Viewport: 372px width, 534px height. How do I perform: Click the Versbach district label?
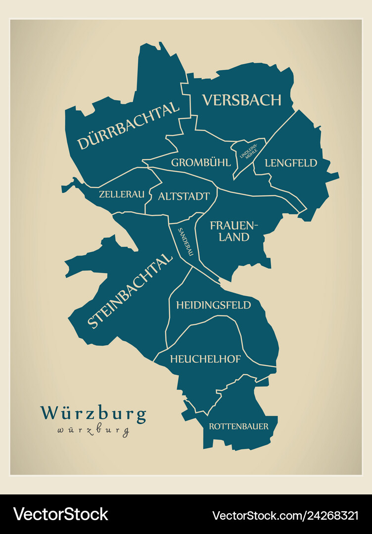(241, 100)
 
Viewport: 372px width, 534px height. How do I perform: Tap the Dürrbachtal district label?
(128, 126)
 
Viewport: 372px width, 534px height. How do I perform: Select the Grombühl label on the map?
(200, 163)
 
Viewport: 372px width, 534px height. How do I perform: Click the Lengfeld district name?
(290, 163)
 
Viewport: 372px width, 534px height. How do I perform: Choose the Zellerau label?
(122, 194)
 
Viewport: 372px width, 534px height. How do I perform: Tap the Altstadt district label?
(184, 196)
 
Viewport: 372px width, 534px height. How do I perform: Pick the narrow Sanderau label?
(185, 241)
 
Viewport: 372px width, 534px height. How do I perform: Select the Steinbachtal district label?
(130, 290)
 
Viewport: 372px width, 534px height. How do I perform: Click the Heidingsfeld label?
(213, 305)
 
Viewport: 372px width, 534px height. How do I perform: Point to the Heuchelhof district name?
(205, 359)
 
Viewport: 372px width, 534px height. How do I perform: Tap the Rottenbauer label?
(238, 426)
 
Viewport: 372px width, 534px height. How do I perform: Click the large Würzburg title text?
(93, 413)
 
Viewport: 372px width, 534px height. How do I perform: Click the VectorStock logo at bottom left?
(60, 515)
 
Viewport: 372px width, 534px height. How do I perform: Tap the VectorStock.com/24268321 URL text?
(285, 515)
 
